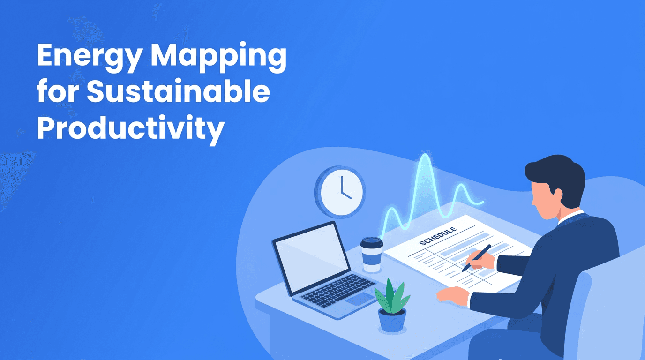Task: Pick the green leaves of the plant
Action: coord(391,295)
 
